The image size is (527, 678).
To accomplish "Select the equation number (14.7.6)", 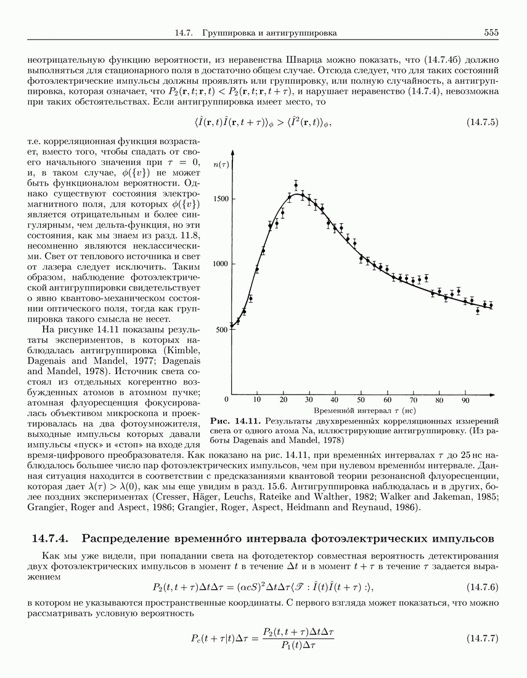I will click(483, 586).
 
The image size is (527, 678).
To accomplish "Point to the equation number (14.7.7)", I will click(483, 637).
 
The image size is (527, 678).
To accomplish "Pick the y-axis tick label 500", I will click(222, 329).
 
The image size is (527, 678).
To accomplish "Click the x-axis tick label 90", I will click(465, 400).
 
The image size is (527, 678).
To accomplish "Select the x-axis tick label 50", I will click(361, 400).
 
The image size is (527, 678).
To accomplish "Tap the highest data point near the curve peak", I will click(296, 184).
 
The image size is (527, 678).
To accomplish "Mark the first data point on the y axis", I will click(231, 325).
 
